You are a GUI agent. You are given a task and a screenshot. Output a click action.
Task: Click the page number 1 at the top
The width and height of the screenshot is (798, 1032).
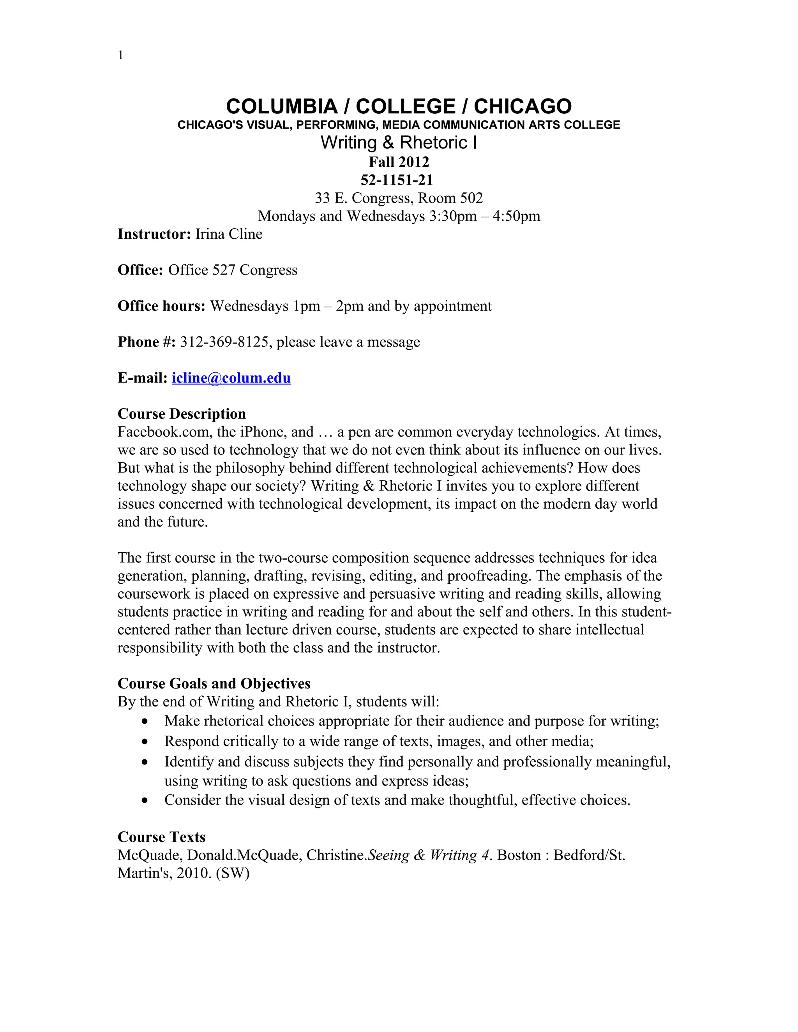[x=120, y=55]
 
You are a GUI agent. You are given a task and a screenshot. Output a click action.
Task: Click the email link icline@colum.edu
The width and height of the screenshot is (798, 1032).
[x=231, y=378]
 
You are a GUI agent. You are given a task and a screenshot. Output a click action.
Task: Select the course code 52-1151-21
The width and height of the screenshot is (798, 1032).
[x=397, y=180]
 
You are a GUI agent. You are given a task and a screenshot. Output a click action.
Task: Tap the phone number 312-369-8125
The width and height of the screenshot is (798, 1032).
[x=224, y=342]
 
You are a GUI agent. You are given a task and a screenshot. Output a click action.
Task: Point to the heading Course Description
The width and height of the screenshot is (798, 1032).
[x=182, y=414]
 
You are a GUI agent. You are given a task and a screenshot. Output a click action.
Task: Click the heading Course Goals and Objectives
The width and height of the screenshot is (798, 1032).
[x=214, y=684]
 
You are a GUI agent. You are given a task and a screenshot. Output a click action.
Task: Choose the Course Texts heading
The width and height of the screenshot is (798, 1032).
[x=161, y=837]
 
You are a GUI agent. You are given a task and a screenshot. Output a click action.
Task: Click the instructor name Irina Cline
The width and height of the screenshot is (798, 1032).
[x=228, y=234]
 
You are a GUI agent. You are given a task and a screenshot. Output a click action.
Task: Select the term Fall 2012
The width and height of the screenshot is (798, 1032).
[x=399, y=162]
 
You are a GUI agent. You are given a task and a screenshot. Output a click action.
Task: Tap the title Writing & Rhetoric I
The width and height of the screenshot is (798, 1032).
[x=399, y=143]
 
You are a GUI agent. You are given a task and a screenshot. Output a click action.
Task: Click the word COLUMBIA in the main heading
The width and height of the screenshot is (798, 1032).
[x=282, y=107]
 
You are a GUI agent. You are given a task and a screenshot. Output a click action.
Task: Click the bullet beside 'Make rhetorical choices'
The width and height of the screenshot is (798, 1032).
[x=145, y=722]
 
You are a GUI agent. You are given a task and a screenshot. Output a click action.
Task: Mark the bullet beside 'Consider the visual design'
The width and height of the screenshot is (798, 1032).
[x=145, y=800]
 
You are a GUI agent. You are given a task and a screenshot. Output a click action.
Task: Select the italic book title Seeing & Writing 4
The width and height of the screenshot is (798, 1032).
[x=430, y=855]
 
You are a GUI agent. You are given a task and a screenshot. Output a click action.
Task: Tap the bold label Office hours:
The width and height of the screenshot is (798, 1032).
[x=161, y=306]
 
